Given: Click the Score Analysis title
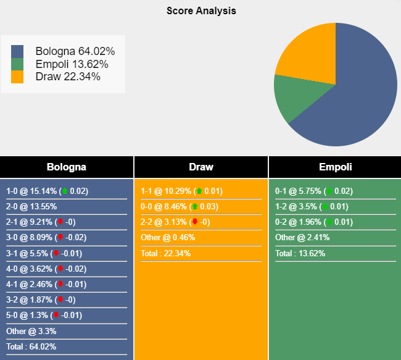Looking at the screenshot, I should (x=201, y=11).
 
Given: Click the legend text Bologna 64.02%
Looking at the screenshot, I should (x=75, y=52).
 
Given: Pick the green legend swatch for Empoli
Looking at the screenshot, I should (x=17, y=64).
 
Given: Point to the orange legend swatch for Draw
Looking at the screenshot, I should (x=17, y=77).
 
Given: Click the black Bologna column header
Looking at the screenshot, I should (x=67, y=167).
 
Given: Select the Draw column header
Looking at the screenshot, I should (x=201, y=167).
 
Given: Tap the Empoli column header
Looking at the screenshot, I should (x=335, y=167).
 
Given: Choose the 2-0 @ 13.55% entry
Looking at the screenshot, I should (x=31, y=207).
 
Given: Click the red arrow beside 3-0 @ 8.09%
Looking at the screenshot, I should (x=60, y=238).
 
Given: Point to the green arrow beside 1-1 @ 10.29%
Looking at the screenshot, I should (x=199, y=191).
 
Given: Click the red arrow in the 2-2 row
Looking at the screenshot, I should (x=195, y=222).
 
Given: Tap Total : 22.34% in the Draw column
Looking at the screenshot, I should (x=165, y=253).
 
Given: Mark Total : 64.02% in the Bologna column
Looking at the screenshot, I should (x=31, y=346).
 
